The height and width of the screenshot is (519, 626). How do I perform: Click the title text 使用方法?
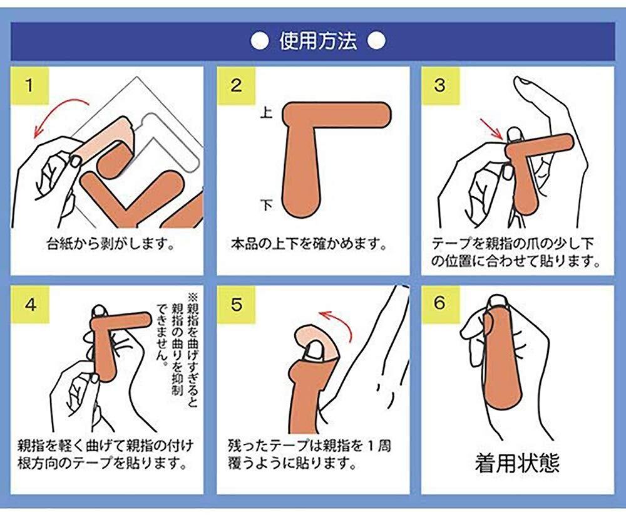[x=318, y=41]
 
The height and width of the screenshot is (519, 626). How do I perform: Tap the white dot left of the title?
[x=260, y=41]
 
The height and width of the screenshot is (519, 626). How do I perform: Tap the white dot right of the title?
[x=376, y=41]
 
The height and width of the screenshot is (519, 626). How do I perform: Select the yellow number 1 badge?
[x=29, y=86]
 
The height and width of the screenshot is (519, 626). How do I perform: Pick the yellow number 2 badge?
[x=236, y=86]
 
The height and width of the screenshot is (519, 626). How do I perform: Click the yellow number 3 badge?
[x=440, y=86]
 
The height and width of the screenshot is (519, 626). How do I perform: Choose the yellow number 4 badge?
[x=29, y=305]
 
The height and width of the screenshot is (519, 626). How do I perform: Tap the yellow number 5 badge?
[x=236, y=305]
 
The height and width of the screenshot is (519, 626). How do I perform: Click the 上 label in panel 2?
[x=266, y=112]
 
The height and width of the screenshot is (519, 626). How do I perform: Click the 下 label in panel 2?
[x=266, y=205]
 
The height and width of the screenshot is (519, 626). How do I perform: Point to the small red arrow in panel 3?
[x=491, y=128]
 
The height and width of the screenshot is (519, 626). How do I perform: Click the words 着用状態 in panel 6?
[x=518, y=463]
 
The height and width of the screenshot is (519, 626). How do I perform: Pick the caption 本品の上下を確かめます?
[x=309, y=243]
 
